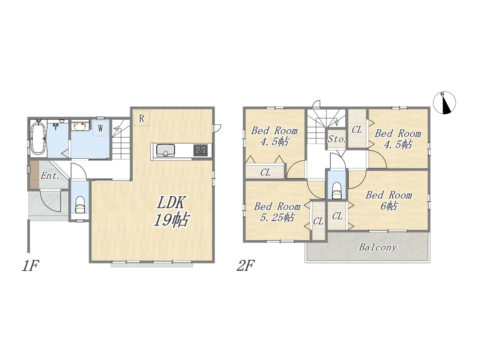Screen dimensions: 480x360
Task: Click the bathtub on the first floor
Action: [39, 138]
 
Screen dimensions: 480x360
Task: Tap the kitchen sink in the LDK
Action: [165, 150]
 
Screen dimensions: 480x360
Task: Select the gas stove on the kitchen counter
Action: [200, 150]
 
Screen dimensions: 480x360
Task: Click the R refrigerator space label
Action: [141, 118]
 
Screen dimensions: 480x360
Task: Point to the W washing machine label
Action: [100, 129]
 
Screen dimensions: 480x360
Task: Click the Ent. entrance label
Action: [50, 176]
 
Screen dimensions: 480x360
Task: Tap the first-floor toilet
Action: [80, 205]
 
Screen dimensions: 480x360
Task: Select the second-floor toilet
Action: [336, 190]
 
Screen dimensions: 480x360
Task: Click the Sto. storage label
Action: [336, 139]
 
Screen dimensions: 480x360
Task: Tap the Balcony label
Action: [378, 247]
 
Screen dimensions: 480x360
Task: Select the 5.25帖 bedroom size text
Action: [277, 217]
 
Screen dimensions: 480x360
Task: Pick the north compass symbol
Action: [444, 103]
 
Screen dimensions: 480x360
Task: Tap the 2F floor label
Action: [246, 265]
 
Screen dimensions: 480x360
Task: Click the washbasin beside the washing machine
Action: [80, 126]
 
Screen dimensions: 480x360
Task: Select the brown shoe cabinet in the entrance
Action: [34, 174]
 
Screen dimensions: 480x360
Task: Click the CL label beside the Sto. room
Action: [357, 130]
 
